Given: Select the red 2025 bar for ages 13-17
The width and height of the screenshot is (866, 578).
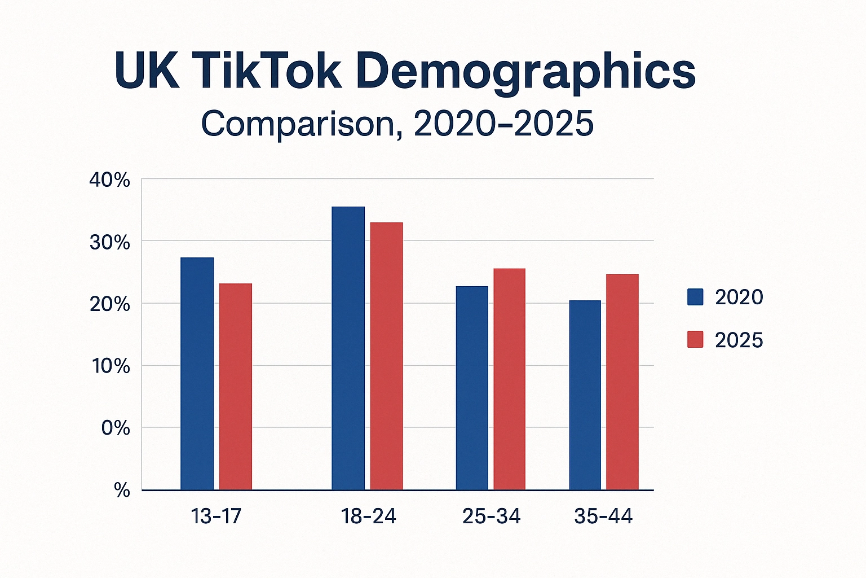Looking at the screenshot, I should tap(236, 387).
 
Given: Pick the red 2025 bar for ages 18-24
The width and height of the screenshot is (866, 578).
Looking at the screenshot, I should tap(386, 356).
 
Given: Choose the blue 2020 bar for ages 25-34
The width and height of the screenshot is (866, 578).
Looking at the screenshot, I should tap(472, 388).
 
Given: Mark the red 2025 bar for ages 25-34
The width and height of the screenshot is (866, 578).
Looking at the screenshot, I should tap(510, 379).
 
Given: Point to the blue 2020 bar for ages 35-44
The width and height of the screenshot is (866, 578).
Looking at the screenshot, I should tap(585, 395).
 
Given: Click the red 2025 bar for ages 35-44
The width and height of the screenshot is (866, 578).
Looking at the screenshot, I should tap(622, 382).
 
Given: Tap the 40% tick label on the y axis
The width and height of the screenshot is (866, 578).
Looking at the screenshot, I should tap(109, 181).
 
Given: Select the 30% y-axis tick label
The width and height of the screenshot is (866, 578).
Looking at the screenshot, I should tap(109, 243).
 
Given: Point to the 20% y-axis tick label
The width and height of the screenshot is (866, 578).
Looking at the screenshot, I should tap(109, 305).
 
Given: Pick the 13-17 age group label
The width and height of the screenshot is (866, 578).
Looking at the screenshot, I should tap(216, 516).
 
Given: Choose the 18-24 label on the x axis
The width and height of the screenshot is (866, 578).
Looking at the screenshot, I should tap(368, 516).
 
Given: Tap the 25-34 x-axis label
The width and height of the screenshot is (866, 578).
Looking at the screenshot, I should tap(491, 516).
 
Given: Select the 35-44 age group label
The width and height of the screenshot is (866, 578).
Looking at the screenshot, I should tap(603, 516).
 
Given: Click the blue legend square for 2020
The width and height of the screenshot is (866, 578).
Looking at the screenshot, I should tap(695, 297).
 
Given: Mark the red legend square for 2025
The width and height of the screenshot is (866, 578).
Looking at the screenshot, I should tap(695, 340).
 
